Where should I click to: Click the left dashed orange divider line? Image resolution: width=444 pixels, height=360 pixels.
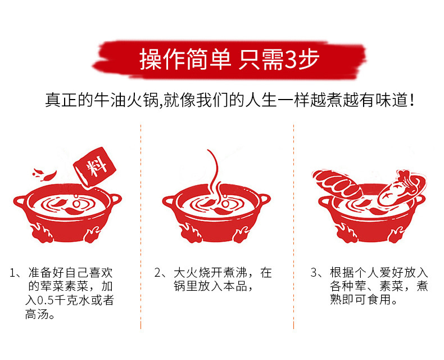point(141,225)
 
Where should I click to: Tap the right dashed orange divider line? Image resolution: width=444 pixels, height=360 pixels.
point(293,225)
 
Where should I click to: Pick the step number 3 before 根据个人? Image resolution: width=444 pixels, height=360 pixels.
point(314,274)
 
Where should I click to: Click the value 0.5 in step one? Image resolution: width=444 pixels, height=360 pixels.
point(46,301)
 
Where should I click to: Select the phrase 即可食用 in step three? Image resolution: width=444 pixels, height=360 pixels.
point(364,301)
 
